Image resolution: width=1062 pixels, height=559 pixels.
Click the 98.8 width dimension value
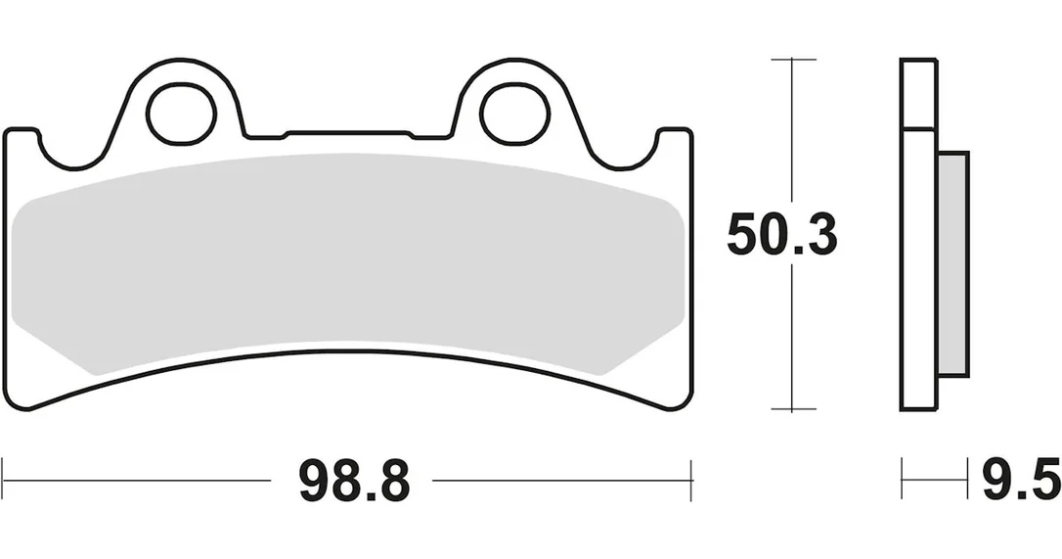(x=354, y=481)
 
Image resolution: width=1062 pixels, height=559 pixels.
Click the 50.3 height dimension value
(x=781, y=235)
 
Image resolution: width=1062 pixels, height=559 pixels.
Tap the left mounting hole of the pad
(x=182, y=115)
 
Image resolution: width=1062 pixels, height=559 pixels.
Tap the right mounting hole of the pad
(x=514, y=115)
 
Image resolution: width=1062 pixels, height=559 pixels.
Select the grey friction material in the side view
(x=952, y=264)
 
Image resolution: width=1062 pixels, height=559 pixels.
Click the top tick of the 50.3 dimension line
(x=792, y=60)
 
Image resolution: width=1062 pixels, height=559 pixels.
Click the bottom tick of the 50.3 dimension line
(x=792, y=410)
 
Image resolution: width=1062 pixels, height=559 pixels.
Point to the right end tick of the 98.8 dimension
(x=690, y=480)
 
